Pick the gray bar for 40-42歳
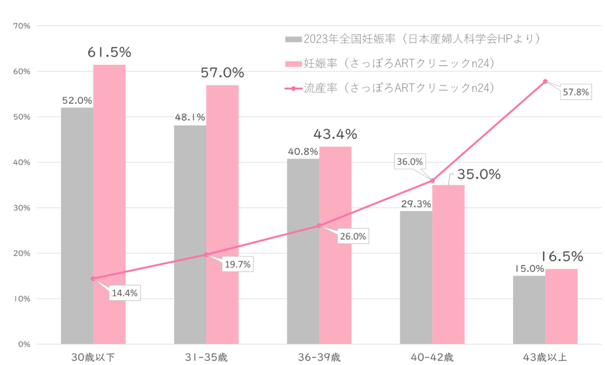(x=415, y=277)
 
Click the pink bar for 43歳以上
(x=561, y=306)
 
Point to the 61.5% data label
(x=109, y=52)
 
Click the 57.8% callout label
(x=576, y=93)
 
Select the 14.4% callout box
(x=125, y=292)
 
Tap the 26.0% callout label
(x=353, y=236)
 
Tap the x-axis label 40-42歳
(x=432, y=357)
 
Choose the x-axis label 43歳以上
(x=545, y=357)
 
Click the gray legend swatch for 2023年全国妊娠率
(x=293, y=40)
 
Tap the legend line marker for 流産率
(x=293, y=88)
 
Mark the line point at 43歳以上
(x=545, y=81)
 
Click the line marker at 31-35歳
(x=206, y=255)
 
